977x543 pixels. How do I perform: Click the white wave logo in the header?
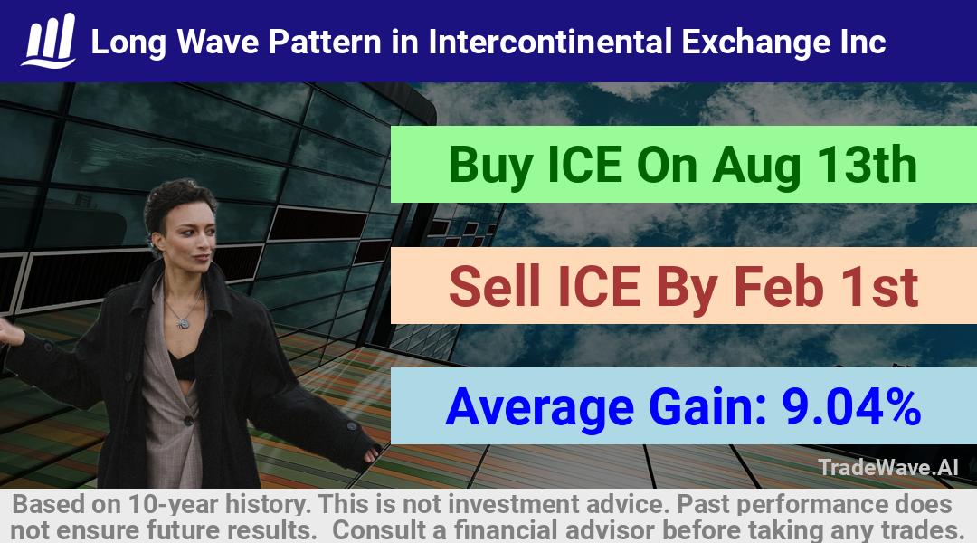point(49,41)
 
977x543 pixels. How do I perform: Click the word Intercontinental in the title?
point(550,42)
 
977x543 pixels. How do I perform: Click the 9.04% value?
point(851,406)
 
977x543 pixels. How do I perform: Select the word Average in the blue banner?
point(539,408)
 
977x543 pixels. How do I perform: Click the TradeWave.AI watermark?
point(888,467)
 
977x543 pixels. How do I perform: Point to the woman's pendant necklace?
point(183,323)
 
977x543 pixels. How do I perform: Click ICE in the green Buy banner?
point(585,165)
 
